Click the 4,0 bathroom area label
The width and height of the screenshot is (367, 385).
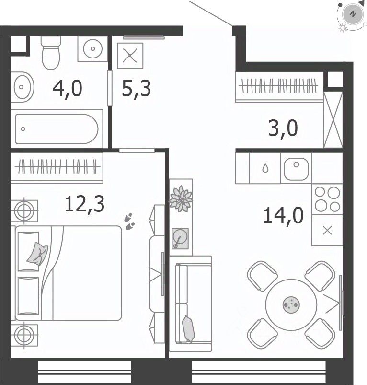tap(68, 89)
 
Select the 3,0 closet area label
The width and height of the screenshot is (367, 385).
tap(283, 128)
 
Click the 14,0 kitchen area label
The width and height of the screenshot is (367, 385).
tap(284, 215)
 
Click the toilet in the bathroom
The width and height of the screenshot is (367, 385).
tap(51, 53)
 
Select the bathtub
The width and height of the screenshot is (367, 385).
tap(57, 128)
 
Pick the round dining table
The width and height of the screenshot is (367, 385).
tap(291, 305)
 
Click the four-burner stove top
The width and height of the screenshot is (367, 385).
tap(327, 199)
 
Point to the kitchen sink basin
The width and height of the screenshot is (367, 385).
tap(296, 169)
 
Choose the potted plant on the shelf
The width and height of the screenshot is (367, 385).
tap(181, 198)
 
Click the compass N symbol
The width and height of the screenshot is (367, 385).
tap(353, 14)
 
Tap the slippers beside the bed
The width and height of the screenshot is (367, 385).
tap(129, 222)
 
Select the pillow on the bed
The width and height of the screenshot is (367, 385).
tap(37, 254)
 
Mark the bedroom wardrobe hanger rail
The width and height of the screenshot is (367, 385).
tap(57, 166)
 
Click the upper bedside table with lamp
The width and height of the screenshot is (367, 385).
tap(24, 210)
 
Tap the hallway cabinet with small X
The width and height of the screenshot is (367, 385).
tap(130, 56)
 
